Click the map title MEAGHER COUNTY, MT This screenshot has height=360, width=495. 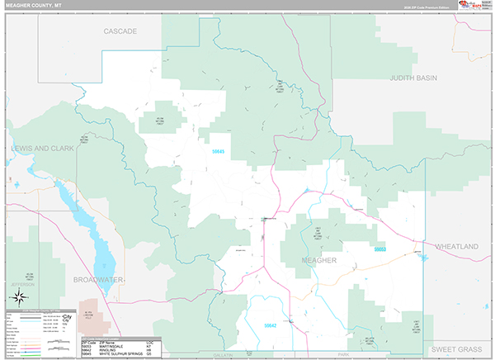[x=32, y=5]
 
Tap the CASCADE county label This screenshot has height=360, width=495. [x=120, y=31]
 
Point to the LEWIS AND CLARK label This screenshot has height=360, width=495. [x=42, y=149]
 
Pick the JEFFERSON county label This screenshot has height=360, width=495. [x=22, y=284]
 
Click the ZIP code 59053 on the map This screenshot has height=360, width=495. [x=380, y=249]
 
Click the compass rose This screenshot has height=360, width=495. [x=21, y=299]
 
